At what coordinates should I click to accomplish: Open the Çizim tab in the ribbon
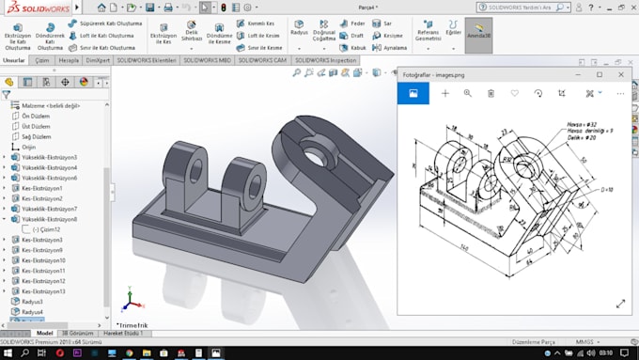click(x=42, y=59)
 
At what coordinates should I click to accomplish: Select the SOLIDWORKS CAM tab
click(x=263, y=59)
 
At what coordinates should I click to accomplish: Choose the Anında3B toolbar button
click(x=478, y=35)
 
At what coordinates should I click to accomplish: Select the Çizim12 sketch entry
click(x=46, y=229)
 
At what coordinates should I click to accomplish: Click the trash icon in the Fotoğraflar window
click(x=491, y=93)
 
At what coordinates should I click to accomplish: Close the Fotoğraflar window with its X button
click(x=621, y=74)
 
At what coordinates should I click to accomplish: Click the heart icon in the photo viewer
click(x=514, y=93)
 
